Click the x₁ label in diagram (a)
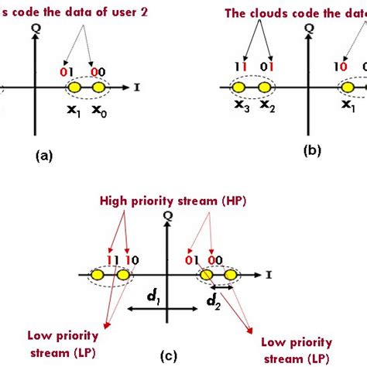(74, 112)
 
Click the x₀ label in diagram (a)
(99, 112)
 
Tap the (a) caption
(45, 155)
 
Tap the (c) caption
(168, 355)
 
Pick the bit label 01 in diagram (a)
(68, 72)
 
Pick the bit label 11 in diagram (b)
(243, 69)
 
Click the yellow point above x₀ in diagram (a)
(98, 90)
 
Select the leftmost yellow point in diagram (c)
(98, 275)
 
